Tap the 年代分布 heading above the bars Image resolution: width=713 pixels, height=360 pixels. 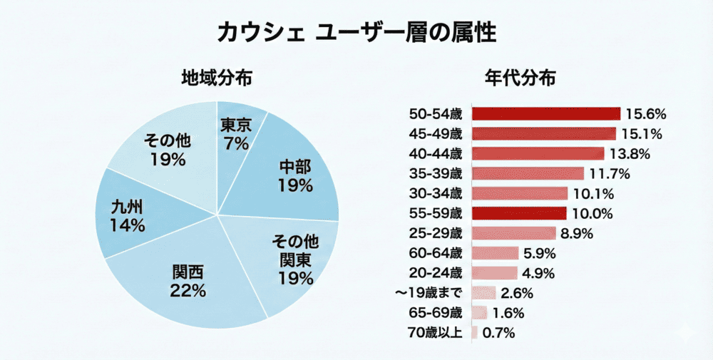pos(520,77)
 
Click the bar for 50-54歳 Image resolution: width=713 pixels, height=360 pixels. pos(546,114)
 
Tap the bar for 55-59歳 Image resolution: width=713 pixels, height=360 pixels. pos(519,213)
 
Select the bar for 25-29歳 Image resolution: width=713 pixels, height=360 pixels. pos(514,233)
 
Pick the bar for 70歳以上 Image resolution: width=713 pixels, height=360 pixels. pos(475,332)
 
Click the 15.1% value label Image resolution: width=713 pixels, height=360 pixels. pos(640,133)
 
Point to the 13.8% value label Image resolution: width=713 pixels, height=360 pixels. pos(629,153)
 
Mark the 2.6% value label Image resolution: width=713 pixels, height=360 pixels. pos(515,292)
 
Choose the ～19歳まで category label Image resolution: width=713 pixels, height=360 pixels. pos(429,292)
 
